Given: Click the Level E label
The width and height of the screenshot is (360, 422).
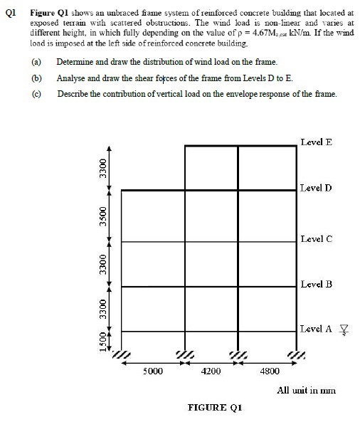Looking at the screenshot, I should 316,142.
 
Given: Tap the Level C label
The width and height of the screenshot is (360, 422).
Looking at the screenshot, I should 316,238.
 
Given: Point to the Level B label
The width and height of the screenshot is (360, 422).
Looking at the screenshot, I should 316,284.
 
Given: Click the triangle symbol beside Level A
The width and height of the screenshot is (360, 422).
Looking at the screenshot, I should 344,329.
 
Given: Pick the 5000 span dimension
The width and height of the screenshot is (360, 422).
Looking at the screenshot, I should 154,371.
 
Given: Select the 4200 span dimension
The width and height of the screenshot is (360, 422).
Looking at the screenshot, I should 211,371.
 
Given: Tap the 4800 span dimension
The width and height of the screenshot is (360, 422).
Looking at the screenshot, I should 270,371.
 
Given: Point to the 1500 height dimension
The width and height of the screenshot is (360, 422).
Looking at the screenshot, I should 103,343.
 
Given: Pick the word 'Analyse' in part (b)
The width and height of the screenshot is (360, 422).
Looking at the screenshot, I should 70,78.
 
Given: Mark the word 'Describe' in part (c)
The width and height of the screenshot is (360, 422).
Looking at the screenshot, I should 73,93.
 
